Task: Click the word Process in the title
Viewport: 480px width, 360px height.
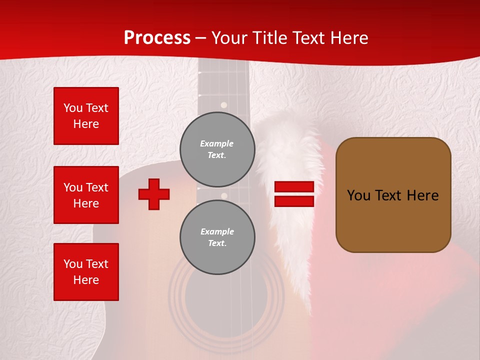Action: [157, 37]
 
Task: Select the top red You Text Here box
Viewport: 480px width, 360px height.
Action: [86, 116]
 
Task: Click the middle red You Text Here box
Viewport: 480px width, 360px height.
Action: [86, 195]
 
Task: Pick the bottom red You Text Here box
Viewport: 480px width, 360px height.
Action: [86, 272]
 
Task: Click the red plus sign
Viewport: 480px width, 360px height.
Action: [154, 194]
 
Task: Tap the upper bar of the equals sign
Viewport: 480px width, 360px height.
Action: [294, 186]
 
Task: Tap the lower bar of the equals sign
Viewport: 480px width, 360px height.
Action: [294, 201]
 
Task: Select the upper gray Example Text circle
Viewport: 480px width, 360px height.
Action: [217, 149]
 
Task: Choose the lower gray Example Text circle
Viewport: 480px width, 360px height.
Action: [217, 237]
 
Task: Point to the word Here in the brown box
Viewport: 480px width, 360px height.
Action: [422, 195]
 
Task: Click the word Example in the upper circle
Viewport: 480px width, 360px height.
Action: [216, 143]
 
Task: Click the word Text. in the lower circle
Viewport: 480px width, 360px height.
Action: [217, 243]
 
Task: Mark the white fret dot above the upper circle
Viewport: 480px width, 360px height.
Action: [224, 105]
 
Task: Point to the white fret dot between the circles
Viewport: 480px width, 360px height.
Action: [224, 195]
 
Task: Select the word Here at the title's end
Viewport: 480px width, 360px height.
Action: [349, 38]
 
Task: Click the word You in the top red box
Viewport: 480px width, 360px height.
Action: [72, 108]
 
